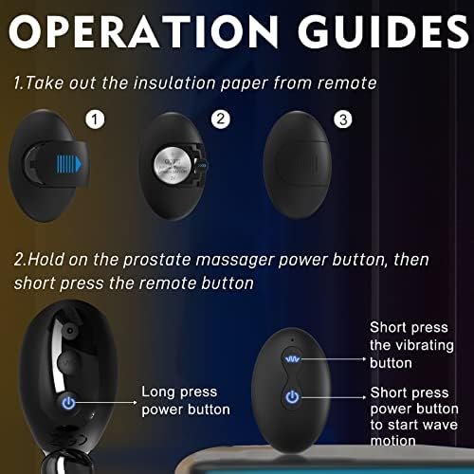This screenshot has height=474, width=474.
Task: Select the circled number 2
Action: tap(221, 120)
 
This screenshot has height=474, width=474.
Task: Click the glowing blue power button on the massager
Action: tap(68, 402)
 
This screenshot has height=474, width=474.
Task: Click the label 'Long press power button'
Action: tap(186, 400)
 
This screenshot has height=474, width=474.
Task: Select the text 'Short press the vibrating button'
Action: tap(411, 344)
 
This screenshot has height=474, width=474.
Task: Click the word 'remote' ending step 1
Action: tap(343, 83)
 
